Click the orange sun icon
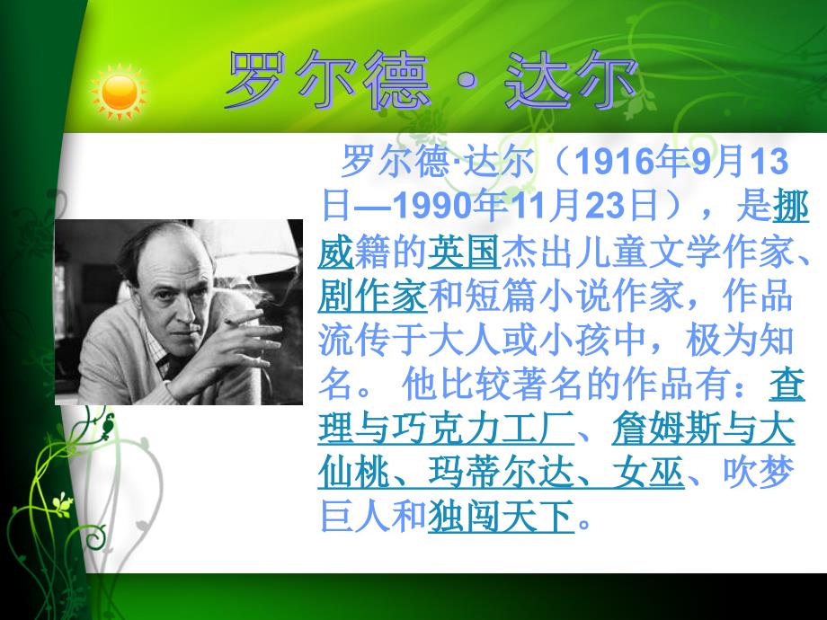point(120,93)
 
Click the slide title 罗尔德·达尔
point(431,80)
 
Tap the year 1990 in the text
point(432,206)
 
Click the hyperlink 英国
point(464,252)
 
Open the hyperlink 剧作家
point(372,296)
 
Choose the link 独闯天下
point(501,517)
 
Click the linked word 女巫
point(649,472)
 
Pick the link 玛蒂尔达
point(501,472)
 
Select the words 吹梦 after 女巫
point(759,472)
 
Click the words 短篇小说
point(537,296)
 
